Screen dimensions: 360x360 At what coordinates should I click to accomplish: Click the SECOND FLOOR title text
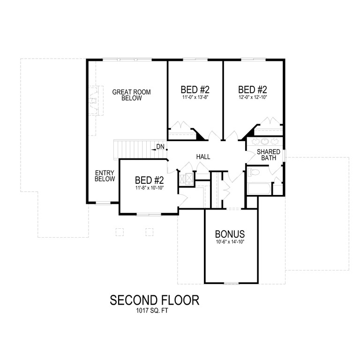(154, 300)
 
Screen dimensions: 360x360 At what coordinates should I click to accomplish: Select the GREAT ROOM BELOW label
(131, 95)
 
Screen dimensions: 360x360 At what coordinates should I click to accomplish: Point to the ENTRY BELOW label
(105, 176)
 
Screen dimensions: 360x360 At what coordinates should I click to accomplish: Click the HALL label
(203, 157)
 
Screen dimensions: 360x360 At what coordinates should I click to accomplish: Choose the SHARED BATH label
(269, 155)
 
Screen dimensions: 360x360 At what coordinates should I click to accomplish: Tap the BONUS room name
(230, 233)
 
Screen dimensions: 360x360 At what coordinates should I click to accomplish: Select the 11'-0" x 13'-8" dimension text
(195, 98)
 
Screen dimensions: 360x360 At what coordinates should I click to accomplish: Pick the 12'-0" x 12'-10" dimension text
(252, 98)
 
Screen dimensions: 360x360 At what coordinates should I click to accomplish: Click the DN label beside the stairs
(160, 147)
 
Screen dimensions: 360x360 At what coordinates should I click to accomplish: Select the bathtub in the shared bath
(259, 188)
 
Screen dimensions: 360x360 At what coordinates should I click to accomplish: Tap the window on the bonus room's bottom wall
(230, 283)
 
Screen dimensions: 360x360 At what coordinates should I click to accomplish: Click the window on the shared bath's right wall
(285, 155)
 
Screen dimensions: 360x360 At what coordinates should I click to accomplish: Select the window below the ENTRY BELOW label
(103, 203)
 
